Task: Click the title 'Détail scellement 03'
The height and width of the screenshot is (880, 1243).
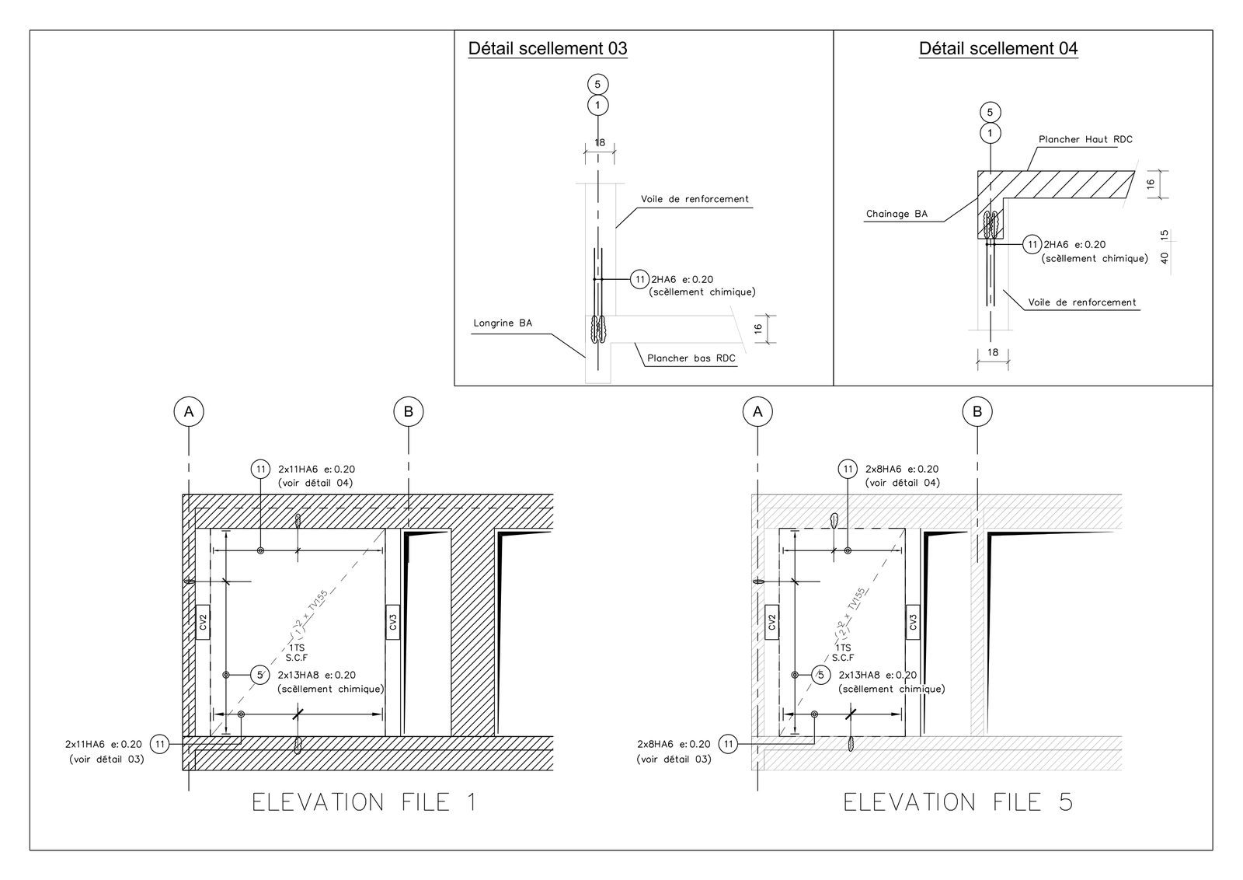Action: pos(548,49)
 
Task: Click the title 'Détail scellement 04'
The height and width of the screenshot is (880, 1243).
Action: pos(998,49)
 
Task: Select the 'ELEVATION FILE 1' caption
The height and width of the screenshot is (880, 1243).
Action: pos(364,802)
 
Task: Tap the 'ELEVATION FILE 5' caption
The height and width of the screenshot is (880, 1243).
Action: pos(959,802)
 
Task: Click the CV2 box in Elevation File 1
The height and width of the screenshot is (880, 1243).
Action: pos(203,622)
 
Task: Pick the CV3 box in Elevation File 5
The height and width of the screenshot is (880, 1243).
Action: pos(913,622)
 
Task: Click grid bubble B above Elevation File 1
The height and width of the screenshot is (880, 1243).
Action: pos(409,412)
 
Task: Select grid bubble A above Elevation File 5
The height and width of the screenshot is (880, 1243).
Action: pos(757,412)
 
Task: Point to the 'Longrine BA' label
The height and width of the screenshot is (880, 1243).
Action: pos(503,323)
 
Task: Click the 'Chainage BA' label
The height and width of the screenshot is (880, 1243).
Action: pos(897,214)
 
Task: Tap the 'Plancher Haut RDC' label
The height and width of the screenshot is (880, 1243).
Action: pos(1085,139)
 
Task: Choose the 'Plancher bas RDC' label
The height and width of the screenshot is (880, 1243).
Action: pos(691,358)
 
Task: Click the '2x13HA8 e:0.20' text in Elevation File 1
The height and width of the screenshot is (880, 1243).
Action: pos(317,675)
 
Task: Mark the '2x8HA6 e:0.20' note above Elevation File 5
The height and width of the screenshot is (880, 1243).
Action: pos(902,469)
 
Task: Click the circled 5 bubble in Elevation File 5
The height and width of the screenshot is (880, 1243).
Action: pos(820,675)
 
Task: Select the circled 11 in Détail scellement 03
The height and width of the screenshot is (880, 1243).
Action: pos(640,279)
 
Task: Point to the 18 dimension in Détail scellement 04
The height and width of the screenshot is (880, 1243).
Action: pos(993,352)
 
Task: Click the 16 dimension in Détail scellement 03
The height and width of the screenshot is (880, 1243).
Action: pos(758,329)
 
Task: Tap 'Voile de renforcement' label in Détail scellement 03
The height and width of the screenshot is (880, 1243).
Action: pos(695,199)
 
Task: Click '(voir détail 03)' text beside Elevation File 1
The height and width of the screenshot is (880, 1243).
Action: pos(106,759)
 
